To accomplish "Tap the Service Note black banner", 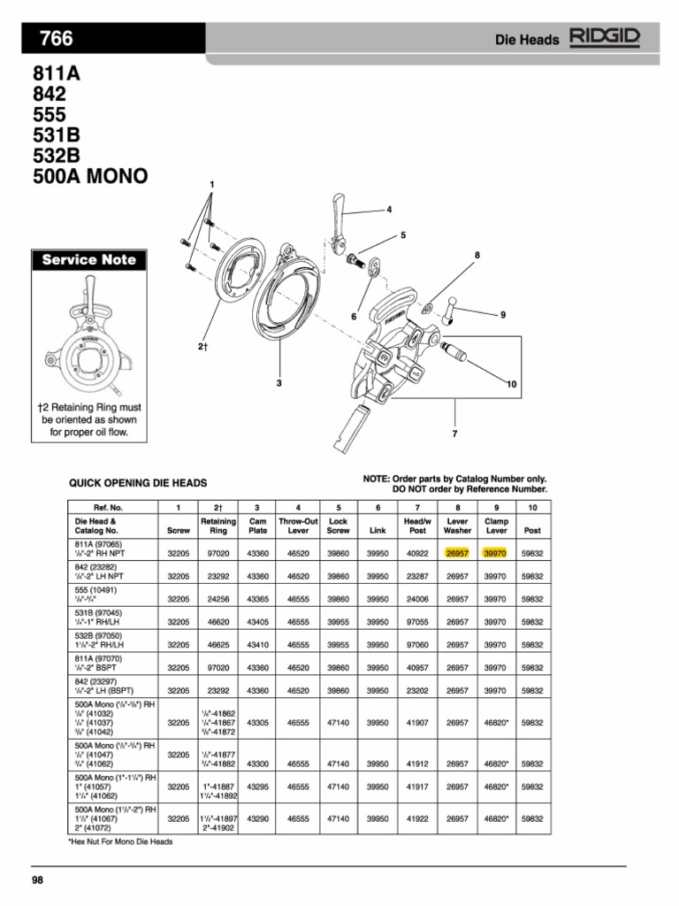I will [85, 260].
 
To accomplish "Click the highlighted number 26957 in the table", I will [457, 553].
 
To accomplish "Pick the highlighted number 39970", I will [496, 553].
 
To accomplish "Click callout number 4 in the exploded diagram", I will [388, 210].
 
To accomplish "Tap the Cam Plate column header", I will [257, 526].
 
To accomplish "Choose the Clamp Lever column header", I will [496, 526].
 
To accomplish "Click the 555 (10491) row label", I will [95, 588].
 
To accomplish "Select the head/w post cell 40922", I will [417, 553].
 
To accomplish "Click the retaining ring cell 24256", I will [217, 599].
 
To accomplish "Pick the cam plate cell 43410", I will [257, 645].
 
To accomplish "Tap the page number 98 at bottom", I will [38, 879].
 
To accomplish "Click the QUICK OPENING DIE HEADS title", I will [138, 483].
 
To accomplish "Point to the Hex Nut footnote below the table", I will [120, 841].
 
